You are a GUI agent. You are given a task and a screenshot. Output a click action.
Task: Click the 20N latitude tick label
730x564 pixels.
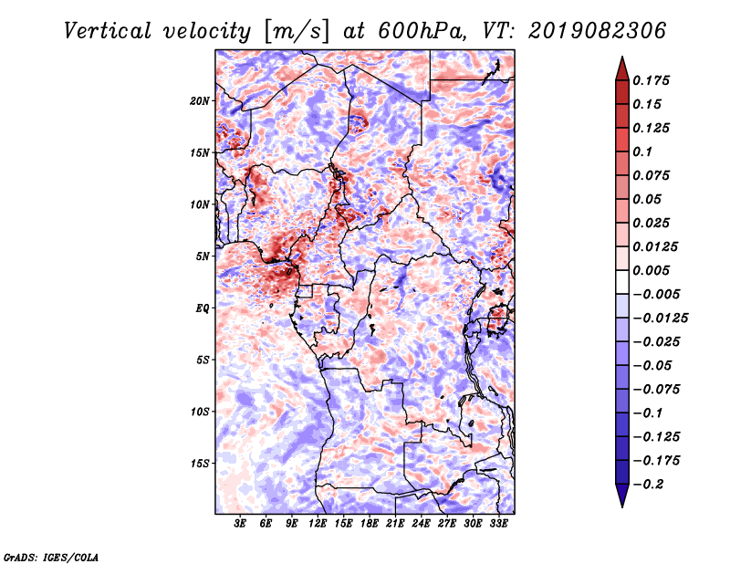point(201,100)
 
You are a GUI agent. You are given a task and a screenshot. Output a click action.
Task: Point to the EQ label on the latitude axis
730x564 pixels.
point(203,308)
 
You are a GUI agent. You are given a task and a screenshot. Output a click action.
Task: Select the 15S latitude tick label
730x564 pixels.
point(201,464)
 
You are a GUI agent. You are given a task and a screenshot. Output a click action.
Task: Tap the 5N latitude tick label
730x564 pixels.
point(203,256)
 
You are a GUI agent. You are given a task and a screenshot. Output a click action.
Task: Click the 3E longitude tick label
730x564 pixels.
point(241,525)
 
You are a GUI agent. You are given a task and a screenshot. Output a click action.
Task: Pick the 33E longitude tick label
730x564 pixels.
point(499,525)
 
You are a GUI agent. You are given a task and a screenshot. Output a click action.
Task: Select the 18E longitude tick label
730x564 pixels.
point(370,525)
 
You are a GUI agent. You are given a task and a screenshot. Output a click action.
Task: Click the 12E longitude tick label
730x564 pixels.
point(318,525)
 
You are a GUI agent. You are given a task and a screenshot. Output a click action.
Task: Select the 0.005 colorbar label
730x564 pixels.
point(653,270)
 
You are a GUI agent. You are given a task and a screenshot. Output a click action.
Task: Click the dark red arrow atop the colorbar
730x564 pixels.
point(621,66)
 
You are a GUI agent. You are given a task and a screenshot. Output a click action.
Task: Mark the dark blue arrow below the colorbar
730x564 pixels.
point(621,496)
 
